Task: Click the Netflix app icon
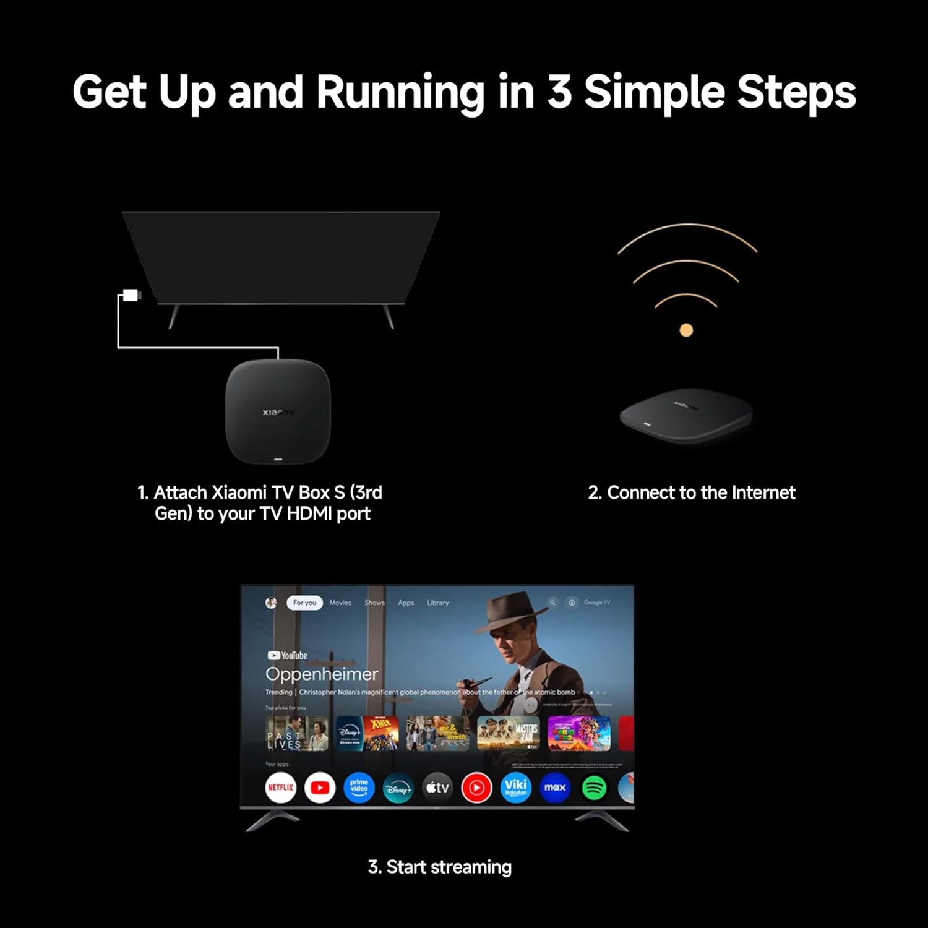pyautogui.click(x=280, y=788)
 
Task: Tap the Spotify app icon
pyautogui.click(x=594, y=788)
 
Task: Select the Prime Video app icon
pyautogui.click(x=359, y=788)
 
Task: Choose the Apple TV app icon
pyautogui.click(x=437, y=788)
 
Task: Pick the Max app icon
pyautogui.click(x=554, y=788)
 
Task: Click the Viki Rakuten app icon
pyautogui.click(x=515, y=788)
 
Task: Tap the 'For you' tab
pyautogui.click(x=304, y=603)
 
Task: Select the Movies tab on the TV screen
pyautogui.click(x=340, y=603)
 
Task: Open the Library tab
pyautogui.click(x=438, y=603)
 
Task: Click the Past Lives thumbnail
pyautogui.click(x=296, y=734)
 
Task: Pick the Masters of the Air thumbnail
pyautogui.click(x=509, y=734)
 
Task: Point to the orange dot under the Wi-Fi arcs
pyautogui.click(x=686, y=330)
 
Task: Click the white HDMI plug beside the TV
pyautogui.click(x=131, y=295)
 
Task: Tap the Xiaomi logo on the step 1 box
pyautogui.click(x=278, y=412)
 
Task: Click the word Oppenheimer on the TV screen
pyautogui.click(x=322, y=674)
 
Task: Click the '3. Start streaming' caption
pyautogui.click(x=440, y=867)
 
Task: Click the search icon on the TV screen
pyautogui.click(x=552, y=603)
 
